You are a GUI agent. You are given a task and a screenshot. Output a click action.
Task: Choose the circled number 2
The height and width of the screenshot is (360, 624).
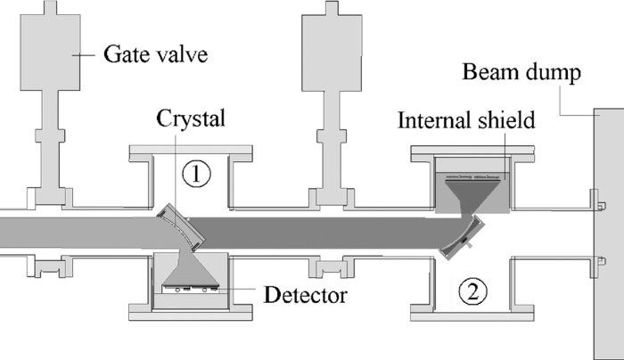coord(472,289)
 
